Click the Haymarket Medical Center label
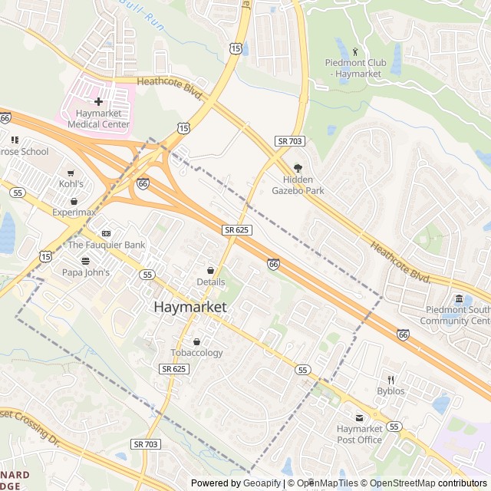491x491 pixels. click(x=98, y=118)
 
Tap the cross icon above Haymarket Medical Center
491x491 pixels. click(x=98, y=101)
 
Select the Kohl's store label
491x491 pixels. click(x=71, y=184)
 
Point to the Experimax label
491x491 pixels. click(x=74, y=212)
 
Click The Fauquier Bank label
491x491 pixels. click(x=107, y=245)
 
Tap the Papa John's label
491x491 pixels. click(x=86, y=272)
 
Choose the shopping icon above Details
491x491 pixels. click(x=210, y=270)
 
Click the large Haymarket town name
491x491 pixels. click(x=190, y=307)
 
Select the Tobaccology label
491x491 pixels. click(x=196, y=353)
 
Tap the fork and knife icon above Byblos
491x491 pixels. click(x=390, y=379)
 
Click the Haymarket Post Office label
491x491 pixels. click(x=359, y=434)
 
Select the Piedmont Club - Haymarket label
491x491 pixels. click(x=354, y=68)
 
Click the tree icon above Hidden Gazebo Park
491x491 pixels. click(x=298, y=169)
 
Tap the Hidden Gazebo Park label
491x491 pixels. click(x=298, y=185)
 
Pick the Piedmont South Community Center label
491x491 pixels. click(x=457, y=316)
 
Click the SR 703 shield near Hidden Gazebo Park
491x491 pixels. click(x=289, y=141)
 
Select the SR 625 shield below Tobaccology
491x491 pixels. click(x=174, y=369)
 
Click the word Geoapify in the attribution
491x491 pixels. click(x=262, y=483)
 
